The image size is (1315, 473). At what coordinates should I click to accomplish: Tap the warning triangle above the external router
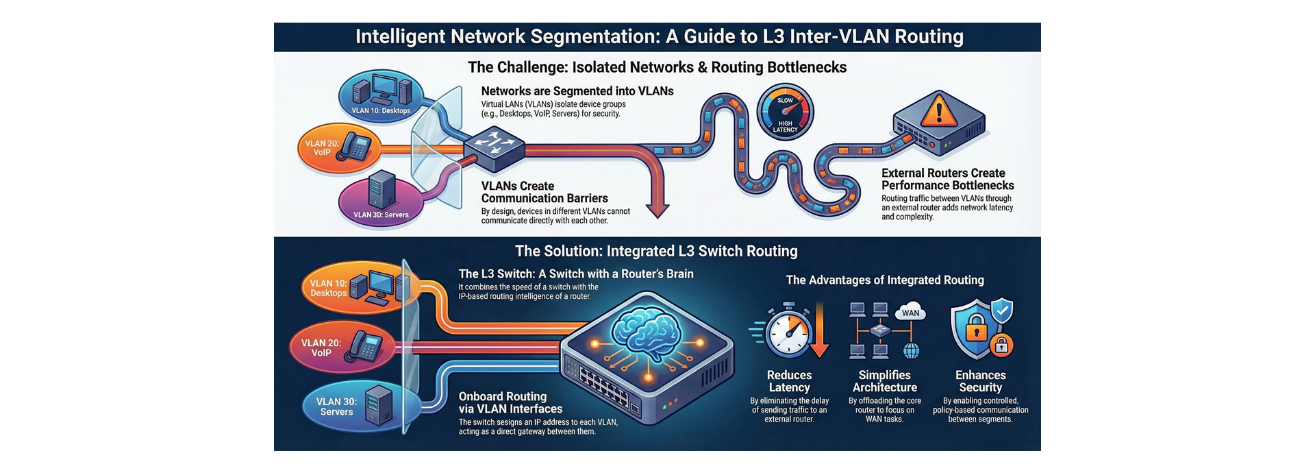pos(938,110)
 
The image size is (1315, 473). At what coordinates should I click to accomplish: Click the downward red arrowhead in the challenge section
pos(657,209)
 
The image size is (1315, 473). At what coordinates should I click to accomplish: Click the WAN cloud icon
pos(910,313)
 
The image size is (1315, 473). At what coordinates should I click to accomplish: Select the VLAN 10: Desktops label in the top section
pos(381,110)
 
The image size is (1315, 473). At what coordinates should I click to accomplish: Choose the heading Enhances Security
pos(980,381)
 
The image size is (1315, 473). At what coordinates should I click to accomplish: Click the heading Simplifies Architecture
pos(884,381)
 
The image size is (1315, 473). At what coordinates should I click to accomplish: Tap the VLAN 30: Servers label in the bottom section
pos(336,407)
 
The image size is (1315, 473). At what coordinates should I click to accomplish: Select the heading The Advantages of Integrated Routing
pos(884,280)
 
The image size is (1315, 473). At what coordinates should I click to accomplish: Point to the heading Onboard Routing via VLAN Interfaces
pos(510,402)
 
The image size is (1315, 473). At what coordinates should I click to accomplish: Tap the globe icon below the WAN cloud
pos(911,351)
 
